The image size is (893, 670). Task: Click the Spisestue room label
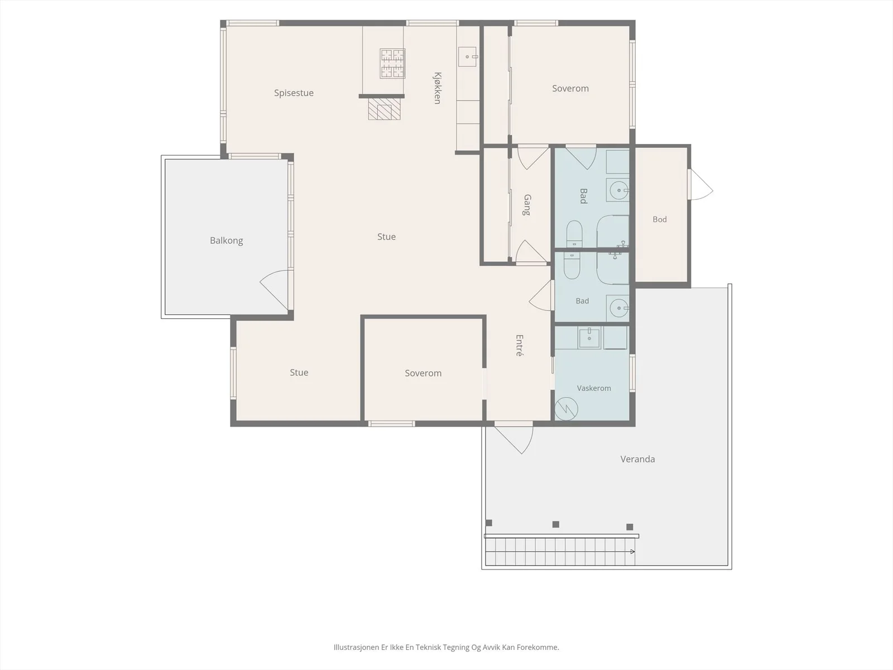click(x=294, y=93)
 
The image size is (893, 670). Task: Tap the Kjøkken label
click(x=438, y=88)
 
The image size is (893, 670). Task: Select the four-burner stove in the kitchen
click(x=392, y=64)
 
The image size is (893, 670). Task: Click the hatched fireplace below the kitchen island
click(x=384, y=109)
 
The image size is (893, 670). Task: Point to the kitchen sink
click(x=468, y=56)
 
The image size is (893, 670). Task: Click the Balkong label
click(x=226, y=241)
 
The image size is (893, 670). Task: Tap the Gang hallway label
click(x=527, y=204)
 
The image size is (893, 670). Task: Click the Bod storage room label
click(x=660, y=219)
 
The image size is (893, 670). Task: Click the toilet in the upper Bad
click(x=574, y=234)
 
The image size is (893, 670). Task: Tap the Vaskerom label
click(x=594, y=388)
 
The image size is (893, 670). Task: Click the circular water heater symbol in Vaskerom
click(x=566, y=409)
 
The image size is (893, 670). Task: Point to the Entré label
click(x=520, y=346)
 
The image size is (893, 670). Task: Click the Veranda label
click(x=637, y=460)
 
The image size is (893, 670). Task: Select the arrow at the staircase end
click(x=632, y=552)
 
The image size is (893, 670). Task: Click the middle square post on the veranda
click(x=556, y=524)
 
